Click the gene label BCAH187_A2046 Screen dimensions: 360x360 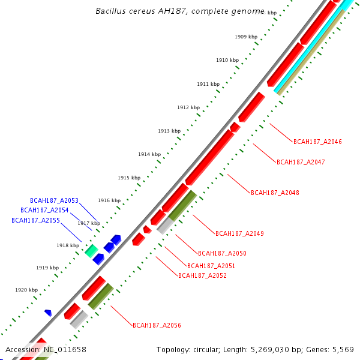click(317, 142)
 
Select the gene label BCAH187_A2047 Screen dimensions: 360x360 click(301, 162)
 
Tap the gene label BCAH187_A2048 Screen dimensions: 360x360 click(275, 193)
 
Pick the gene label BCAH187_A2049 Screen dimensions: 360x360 click(239, 233)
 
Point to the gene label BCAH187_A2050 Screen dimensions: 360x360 click(222, 253)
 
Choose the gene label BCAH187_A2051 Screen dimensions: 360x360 click(211, 266)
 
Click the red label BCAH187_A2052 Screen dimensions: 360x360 click(202, 276)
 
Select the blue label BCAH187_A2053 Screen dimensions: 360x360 click(54, 200)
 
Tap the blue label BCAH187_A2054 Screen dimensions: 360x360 click(44, 211)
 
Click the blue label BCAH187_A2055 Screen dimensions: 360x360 click(35, 221)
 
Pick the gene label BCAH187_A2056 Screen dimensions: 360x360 click(157, 326)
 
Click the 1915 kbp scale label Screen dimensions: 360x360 click(129, 178)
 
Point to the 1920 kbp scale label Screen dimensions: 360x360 click(26, 290)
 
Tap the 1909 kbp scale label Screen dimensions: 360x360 click(246, 37)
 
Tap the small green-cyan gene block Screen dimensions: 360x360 click(91, 251)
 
